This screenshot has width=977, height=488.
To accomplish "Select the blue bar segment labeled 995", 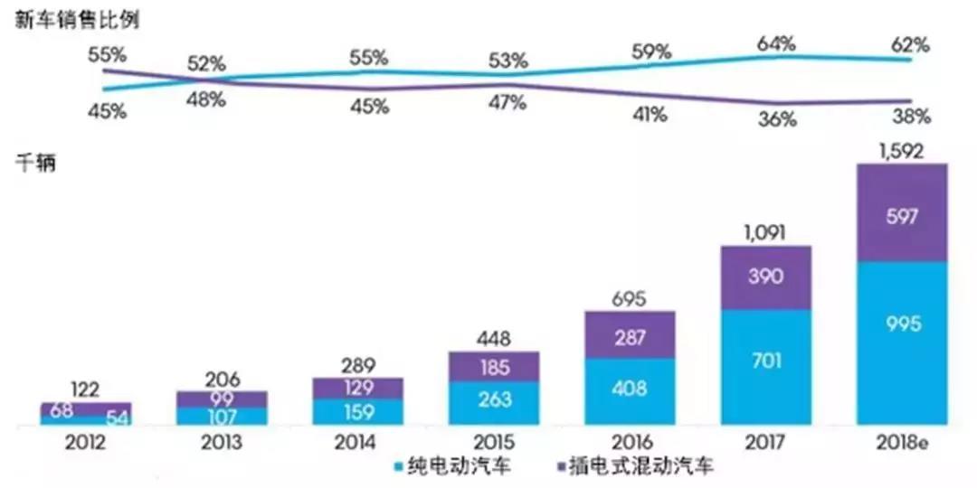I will click(x=901, y=343).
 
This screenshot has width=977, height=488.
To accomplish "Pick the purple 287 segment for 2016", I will click(x=630, y=335).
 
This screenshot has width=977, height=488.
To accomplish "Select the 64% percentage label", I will click(x=777, y=42).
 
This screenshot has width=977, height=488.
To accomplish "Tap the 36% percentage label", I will click(x=777, y=118).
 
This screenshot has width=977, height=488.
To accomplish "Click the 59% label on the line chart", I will click(x=651, y=52).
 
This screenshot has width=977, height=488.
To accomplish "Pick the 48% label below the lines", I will click(x=206, y=99).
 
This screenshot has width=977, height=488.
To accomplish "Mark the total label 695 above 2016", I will click(x=630, y=300).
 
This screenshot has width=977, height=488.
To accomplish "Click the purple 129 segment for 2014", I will click(x=358, y=389).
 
